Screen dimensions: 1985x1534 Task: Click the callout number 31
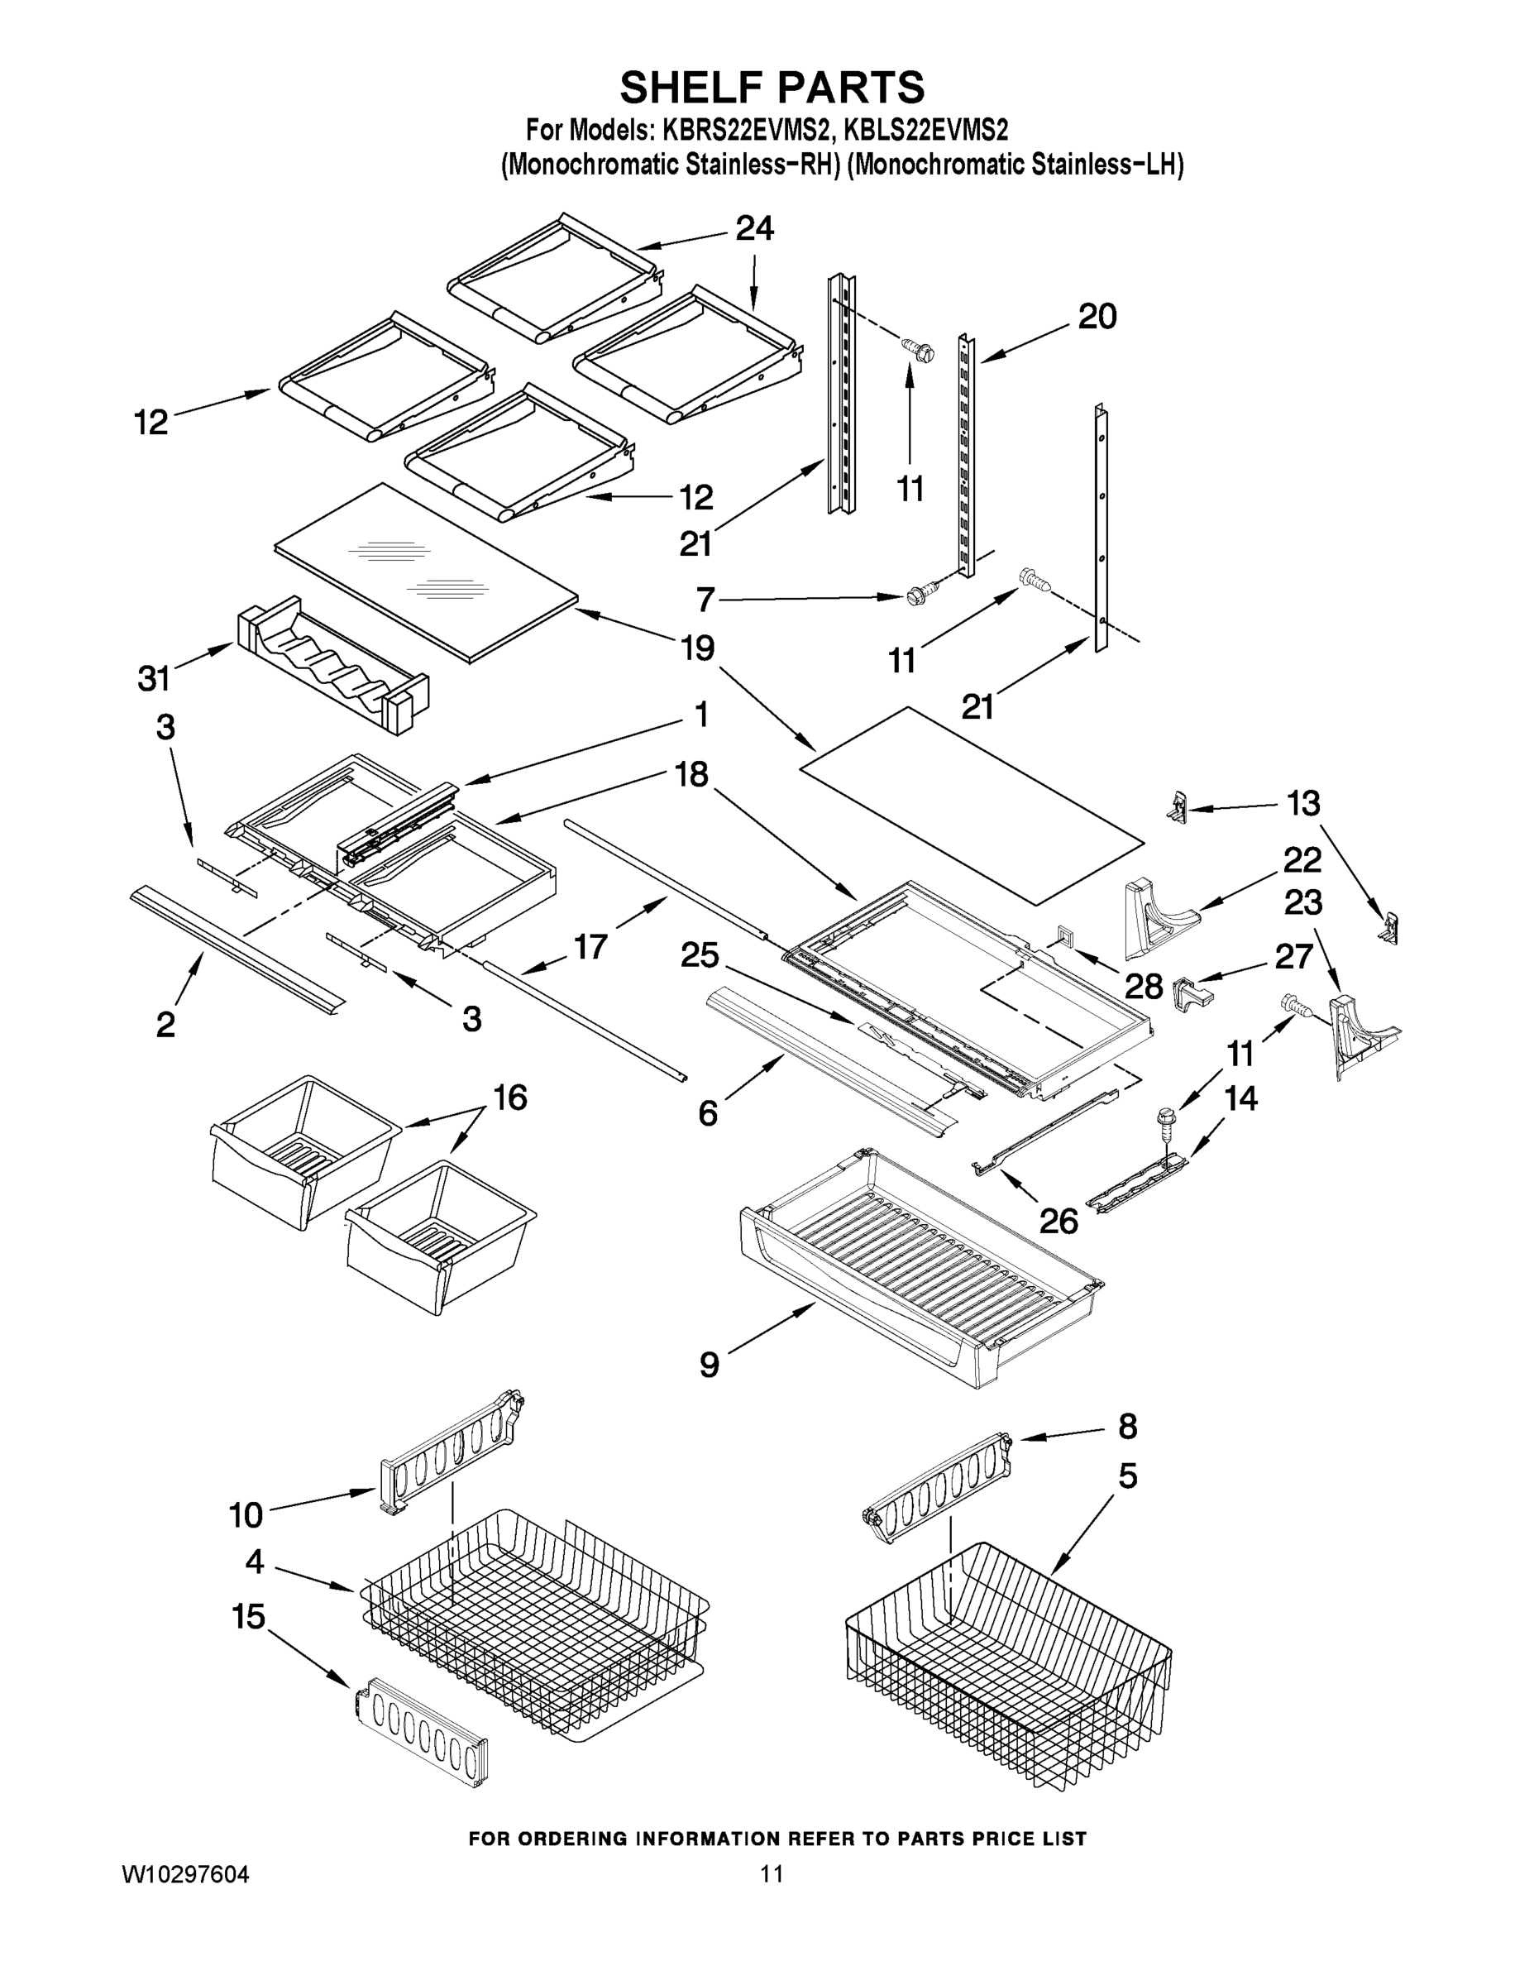154,677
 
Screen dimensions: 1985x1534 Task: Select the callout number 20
1097,318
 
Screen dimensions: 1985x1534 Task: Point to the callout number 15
248,1616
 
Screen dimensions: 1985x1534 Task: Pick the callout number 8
1127,1426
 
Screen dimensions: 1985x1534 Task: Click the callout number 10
246,1514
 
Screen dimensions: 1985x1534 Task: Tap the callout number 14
1240,1099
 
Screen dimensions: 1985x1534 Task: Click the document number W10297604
185,1873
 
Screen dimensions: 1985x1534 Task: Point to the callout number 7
705,600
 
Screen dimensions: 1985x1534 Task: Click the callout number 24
754,229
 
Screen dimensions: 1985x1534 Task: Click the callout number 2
165,1024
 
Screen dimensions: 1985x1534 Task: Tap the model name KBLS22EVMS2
925,131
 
